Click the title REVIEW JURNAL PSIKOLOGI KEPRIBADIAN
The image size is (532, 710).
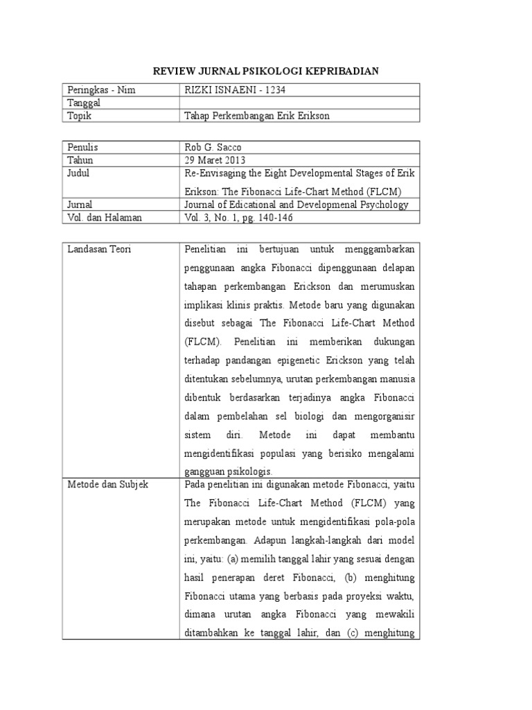266,71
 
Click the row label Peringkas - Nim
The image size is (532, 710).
101,89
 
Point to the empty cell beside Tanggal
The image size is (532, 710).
299,103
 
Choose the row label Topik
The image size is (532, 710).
80,116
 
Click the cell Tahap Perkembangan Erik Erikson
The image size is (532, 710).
256,116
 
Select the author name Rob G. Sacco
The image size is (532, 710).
213,147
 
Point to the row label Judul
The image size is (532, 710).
79,173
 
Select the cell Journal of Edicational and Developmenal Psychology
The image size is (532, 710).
296,205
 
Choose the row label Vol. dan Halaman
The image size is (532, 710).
105,218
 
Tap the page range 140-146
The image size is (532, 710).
278,218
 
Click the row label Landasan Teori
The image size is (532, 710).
99,249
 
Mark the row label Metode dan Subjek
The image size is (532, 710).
107,485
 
